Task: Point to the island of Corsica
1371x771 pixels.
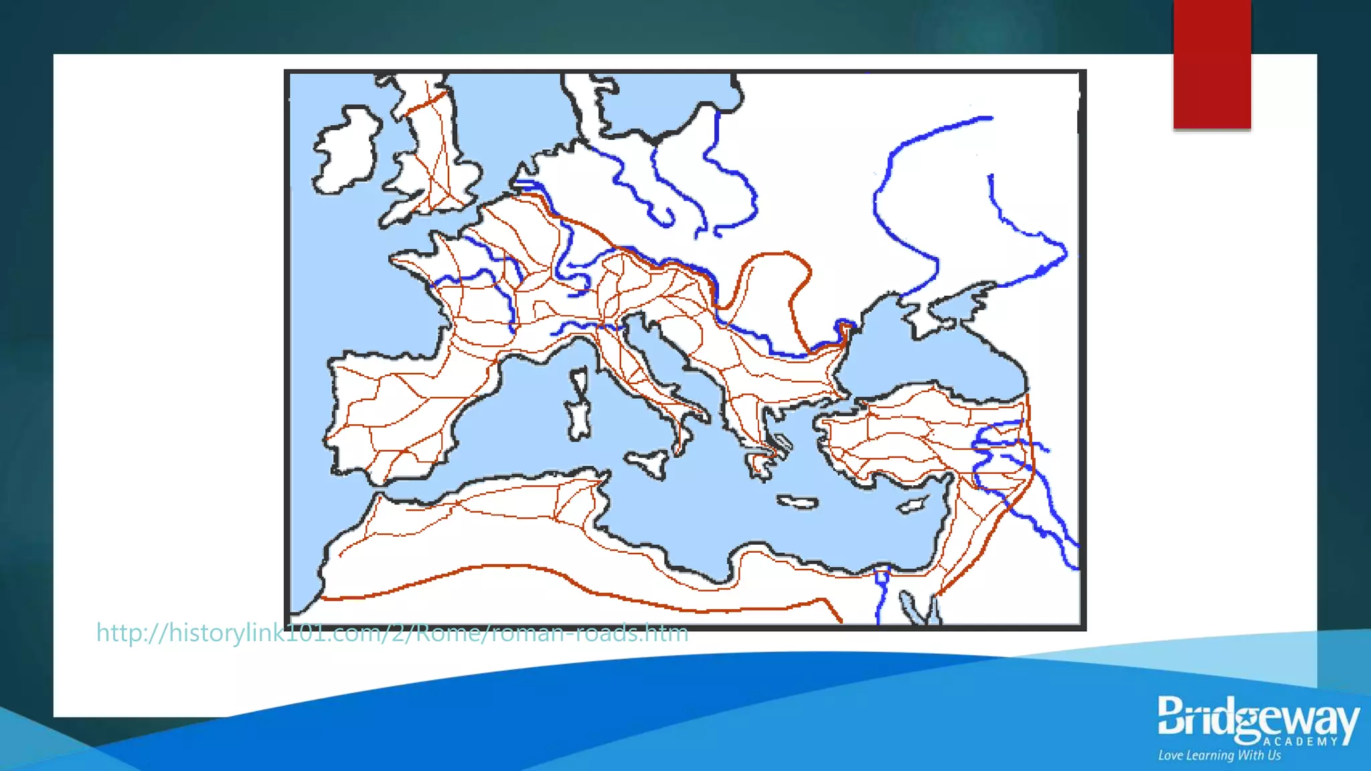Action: click(x=578, y=381)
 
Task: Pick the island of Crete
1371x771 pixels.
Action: click(x=797, y=502)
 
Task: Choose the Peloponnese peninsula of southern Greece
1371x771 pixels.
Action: click(x=760, y=462)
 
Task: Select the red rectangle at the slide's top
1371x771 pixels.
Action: click(x=1212, y=64)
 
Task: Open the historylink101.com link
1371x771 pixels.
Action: click(x=392, y=632)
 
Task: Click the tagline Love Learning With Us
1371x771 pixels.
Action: click(x=1219, y=756)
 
